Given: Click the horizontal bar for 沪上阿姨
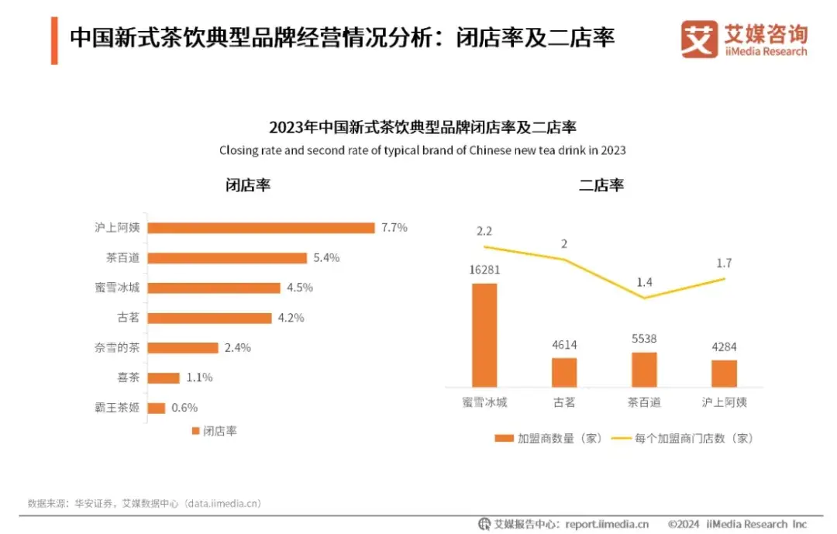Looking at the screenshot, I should pos(261,228).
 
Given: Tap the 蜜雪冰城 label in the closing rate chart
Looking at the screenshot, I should pos(116,288).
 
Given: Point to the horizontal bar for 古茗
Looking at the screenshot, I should pos(209,318).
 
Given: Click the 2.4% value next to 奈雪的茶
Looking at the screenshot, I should pos(238,348).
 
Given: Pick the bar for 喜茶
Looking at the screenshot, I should pos(164,378).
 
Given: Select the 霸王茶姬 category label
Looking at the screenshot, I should pos(116,408).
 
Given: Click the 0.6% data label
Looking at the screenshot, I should pos(185,408).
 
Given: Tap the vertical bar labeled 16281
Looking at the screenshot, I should pos(484,335).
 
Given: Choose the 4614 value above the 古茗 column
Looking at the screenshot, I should pos(564,345).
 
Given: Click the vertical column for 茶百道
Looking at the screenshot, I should pos(644,370).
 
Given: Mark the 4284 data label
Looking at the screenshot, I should pos(724,347).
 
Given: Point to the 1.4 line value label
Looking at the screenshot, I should pos(644,282).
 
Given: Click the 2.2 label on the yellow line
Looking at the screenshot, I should pos(484,231).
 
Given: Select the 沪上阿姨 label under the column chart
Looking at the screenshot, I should pos(724,402).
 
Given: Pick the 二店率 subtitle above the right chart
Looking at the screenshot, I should pos(601,186).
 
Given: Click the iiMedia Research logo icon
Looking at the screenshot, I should pos(699,40).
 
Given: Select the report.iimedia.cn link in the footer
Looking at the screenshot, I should pos(607,525).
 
